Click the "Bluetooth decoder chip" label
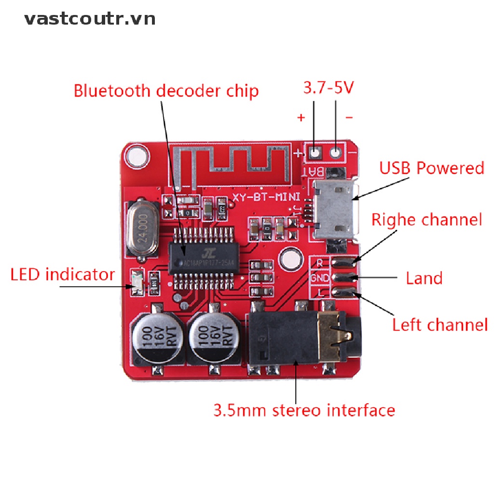[x=166, y=91]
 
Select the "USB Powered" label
[x=431, y=168]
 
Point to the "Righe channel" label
[x=426, y=220]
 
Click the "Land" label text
[x=424, y=278]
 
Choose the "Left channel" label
[x=439, y=325]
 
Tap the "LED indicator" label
[x=63, y=275]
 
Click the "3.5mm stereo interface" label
[x=304, y=411]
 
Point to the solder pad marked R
[x=344, y=261]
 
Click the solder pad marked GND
[x=344, y=277]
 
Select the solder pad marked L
[x=344, y=292]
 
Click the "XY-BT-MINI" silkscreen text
[x=266, y=197]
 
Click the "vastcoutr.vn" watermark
[x=90, y=19]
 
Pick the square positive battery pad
[x=315, y=153]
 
